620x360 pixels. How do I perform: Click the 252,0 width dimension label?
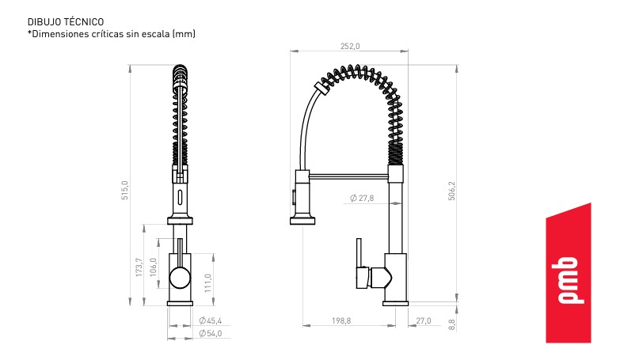point(350,46)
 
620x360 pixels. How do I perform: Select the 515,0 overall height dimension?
point(125,190)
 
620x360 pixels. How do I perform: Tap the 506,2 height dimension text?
point(451,191)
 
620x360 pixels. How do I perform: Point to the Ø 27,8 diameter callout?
point(362,198)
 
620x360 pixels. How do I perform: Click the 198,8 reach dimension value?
point(341,321)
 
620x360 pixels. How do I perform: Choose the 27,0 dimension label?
point(424,321)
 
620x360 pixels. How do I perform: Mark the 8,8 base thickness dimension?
point(452,325)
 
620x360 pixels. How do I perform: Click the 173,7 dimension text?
point(139,267)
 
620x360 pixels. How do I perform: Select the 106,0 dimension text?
point(154,267)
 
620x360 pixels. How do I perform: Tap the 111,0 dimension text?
point(208,283)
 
